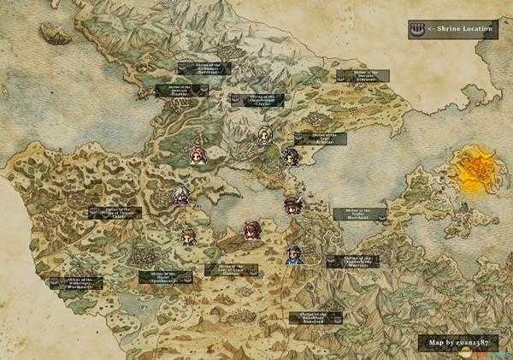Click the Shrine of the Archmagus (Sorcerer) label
click(x=203, y=68)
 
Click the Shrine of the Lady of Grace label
click(x=233, y=269)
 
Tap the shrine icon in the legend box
click(x=416, y=29)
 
